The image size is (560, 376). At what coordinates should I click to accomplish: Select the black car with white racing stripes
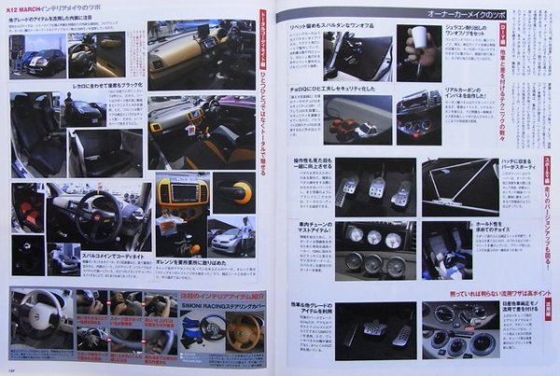point(44,60)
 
